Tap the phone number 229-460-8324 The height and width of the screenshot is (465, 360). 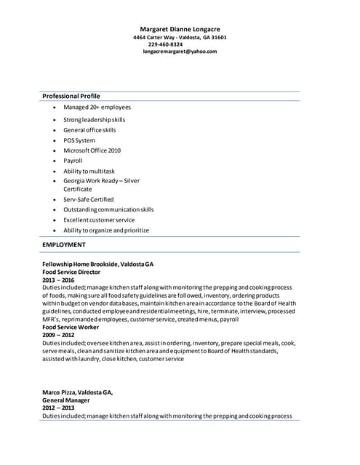(165, 44)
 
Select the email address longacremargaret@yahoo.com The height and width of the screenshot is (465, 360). (180, 51)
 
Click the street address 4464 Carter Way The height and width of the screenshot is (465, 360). (154, 36)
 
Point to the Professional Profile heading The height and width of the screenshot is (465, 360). (71, 96)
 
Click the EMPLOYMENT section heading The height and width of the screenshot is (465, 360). (64, 245)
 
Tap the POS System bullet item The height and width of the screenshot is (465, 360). (79, 140)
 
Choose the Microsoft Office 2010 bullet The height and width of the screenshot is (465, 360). (92, 150)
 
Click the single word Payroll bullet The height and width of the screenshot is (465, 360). (73, 161)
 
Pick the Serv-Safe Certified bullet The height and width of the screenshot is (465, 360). (88, 199)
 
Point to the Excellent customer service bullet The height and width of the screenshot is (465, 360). (99, 219)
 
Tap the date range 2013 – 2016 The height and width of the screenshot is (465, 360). (58, 280)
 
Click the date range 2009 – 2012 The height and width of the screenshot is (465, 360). (58, 335)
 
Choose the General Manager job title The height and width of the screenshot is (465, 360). (66, 400)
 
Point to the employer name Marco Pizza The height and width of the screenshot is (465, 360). (60, 392)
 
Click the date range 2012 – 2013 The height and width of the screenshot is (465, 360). (58, 408)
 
